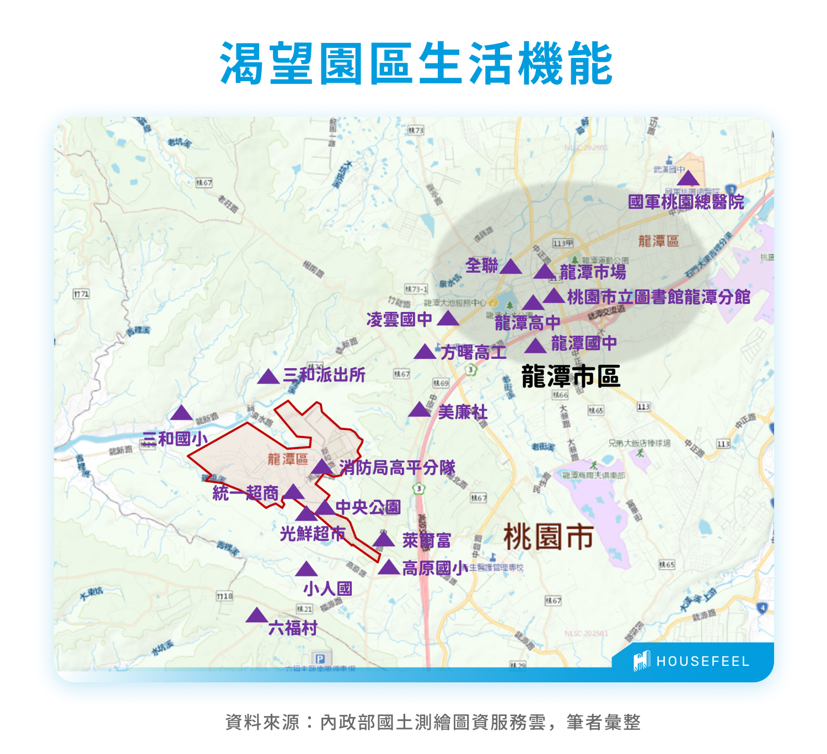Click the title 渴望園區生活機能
(x=416, y=63)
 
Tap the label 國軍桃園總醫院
(x=686, y=202)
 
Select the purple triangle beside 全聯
(x=511, y=267)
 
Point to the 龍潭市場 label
(x=593, y=272)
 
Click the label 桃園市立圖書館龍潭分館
(x=659, y=297)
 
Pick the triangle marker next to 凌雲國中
(x=448, y=319)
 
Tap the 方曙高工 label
(x=473, y=352)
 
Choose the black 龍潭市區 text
(x=571, y=376)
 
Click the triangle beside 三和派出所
(x=268, y=377)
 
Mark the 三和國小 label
(x=175, y=439)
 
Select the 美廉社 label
(x=463, y=412)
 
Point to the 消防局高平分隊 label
(x=397, y=468)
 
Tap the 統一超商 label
(x=246, y=493)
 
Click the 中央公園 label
(x=368, y=507)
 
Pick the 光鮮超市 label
(x=313, y=534)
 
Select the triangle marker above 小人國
(x=306, y=570)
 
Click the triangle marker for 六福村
(x=256, y=616)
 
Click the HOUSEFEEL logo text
(x=702, y=661)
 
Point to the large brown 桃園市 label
(x=548, y=537)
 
